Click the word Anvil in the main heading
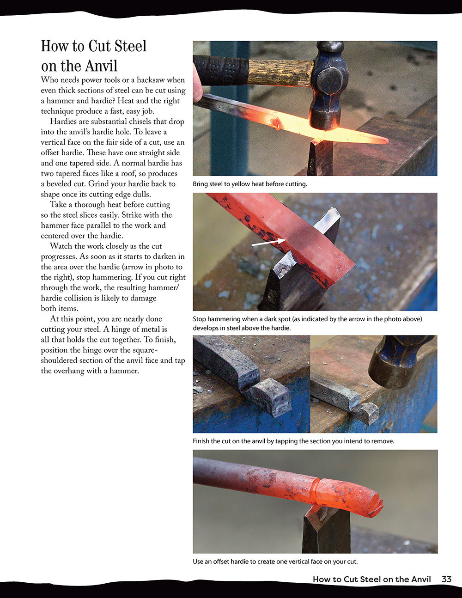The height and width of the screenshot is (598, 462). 97,66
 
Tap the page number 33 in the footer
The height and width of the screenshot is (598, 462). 446,579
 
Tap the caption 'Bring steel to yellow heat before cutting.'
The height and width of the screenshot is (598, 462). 249,184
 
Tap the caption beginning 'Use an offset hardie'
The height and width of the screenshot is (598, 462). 275,562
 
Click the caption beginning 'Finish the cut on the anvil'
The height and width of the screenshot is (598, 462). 293,441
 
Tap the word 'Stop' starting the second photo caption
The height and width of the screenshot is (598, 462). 200,319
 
